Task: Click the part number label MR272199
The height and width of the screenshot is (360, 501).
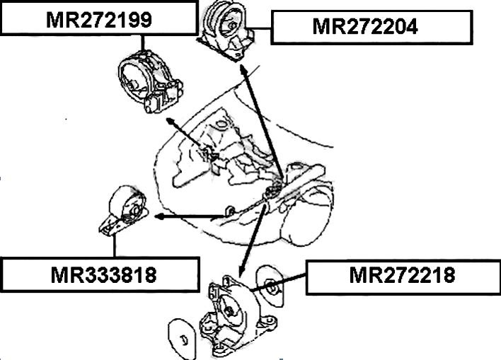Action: click(x=98, y=19)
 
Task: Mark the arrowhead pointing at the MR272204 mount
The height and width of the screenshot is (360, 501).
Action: click(x=243, y=68)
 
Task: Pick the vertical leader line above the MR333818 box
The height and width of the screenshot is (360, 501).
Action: click(x=113, y=245)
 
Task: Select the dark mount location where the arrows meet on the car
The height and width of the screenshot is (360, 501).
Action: click(x=271, y=190)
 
